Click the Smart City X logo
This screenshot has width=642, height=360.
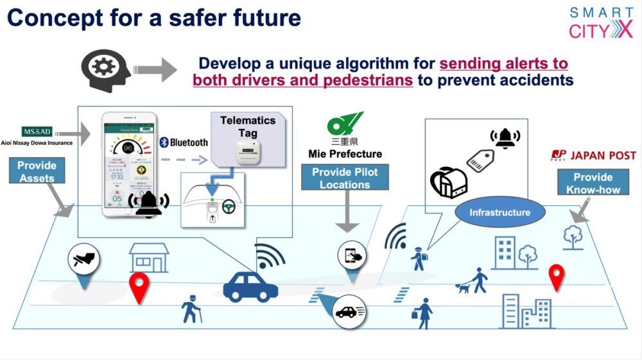click(x=600, y=23)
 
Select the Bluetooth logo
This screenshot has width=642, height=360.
click(x=184, y=142)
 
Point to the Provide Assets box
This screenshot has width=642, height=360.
click(x=37, y=171)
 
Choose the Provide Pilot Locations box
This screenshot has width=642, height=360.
click(x=345, y=178)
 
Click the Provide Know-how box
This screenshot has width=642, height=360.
click(x=593, y=183)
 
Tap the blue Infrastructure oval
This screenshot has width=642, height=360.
click(x=499, y=212)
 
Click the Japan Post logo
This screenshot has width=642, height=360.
click(x=593, y=155)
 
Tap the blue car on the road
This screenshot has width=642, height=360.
click(x=250, y=287)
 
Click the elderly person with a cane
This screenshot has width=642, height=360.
click(x=190, y=309)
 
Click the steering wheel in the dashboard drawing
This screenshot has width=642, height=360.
click(x=228, y=207)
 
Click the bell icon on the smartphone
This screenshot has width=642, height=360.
click(x=148, y=203)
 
